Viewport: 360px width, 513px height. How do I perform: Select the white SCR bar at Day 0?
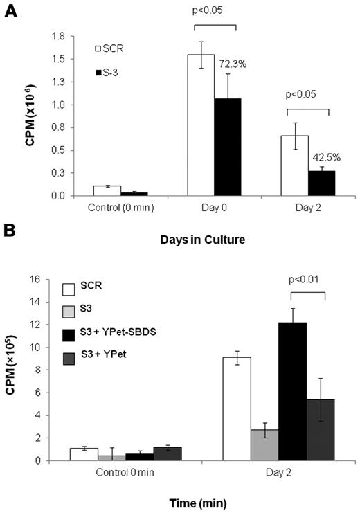point(201,125)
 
